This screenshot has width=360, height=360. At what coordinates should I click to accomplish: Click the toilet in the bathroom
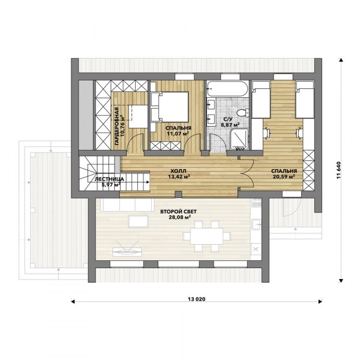tap(242, 113)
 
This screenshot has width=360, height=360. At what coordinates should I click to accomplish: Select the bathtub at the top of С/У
tap(227, 88)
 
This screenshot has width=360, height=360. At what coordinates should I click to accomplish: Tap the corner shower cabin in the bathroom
tap(239, 139)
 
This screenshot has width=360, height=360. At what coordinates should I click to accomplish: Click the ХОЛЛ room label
tap(178, 171)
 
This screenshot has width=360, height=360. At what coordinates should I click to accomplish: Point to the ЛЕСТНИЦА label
tap(109, 179)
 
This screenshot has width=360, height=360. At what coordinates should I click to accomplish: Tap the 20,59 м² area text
tap(284, 176)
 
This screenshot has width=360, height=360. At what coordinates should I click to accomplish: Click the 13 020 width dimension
tap(197, 299)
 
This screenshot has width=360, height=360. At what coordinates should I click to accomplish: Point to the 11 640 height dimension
tap(339, 171)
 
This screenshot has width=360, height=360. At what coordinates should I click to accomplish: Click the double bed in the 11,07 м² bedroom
tap(170, 107)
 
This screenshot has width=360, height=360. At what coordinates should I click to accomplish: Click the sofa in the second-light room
tap(128, 205)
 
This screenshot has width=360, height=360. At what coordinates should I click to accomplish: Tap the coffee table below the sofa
tap(138, 221)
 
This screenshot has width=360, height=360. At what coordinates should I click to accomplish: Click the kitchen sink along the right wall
tap(256, 224)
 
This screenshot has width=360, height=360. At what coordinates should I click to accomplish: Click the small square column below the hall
tap(178, 194)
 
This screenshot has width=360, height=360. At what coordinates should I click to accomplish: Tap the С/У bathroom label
tap(227, 119)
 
